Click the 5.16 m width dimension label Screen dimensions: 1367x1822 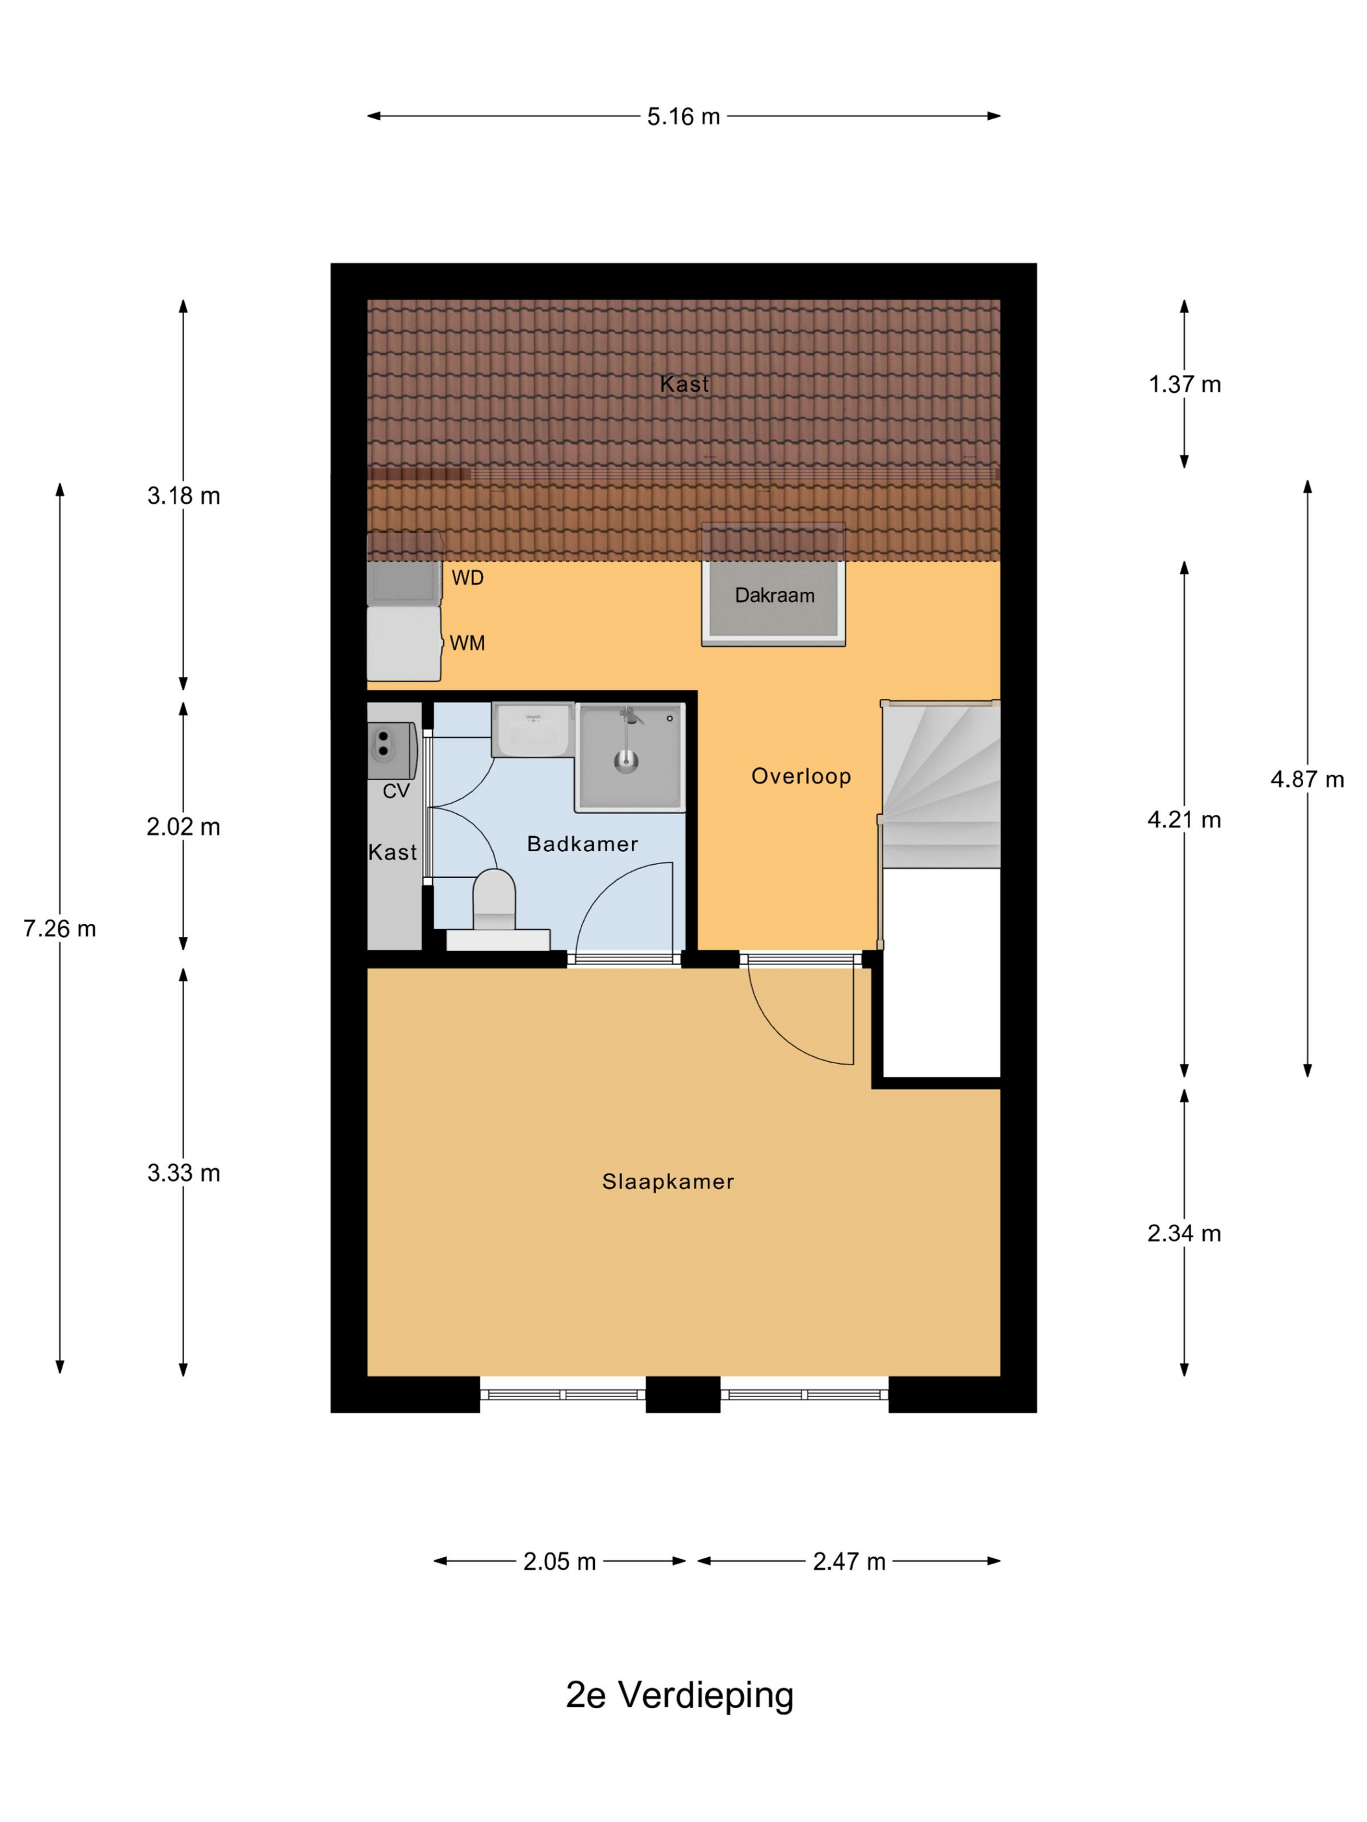683,117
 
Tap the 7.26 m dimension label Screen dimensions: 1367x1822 59,929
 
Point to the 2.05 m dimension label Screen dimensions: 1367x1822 559,1562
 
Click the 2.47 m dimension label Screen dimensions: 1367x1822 849,1562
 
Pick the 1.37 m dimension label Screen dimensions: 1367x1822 1185,385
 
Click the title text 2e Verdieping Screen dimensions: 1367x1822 680,1696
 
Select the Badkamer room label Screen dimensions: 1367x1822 583,844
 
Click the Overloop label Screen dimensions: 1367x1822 801,777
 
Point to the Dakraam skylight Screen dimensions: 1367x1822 774,585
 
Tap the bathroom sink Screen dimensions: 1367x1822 533,730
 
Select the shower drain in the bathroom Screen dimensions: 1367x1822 626,761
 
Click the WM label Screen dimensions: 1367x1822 467,644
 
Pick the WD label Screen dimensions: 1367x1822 467,578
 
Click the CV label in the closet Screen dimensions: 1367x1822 396,791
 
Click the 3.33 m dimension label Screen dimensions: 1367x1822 184,1173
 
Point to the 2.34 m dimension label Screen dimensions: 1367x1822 1184,1233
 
